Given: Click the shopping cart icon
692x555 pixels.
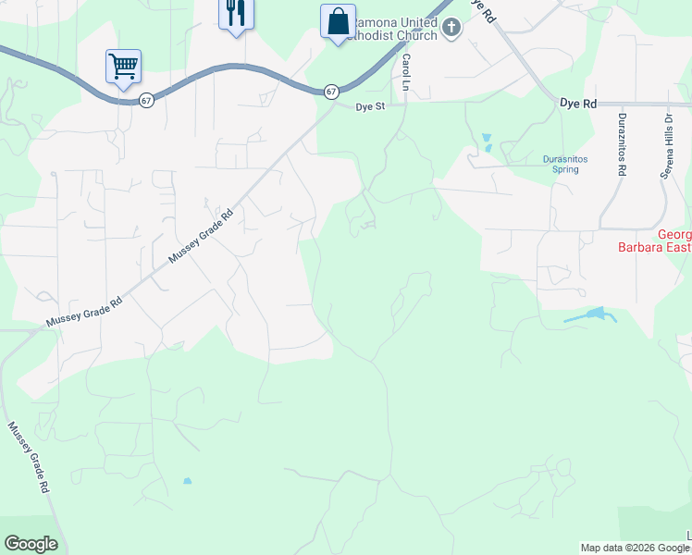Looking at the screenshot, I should (x=123, y=67).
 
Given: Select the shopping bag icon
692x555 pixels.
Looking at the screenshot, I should (x=338, y=21).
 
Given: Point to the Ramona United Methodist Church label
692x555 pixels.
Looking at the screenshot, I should (x=397, y=27).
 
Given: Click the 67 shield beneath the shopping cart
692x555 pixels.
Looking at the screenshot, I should (x=147, y=100).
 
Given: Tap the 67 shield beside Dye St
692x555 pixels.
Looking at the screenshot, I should (x=330, y=92).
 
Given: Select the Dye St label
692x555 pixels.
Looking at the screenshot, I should (x=369, y=107).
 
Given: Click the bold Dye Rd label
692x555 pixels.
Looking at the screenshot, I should (x=578, y=105).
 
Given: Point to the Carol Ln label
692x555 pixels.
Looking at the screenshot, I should (x=405, y=72).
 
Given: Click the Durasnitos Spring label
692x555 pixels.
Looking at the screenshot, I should (x=564, y=164).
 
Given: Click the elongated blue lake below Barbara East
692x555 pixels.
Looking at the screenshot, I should (x=591, y=316).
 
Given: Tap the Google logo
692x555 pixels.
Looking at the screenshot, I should (x=31, y=544).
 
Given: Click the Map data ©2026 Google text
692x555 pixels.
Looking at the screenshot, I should (x=635, y=548).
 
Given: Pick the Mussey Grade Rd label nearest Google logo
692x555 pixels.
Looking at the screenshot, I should (x=30, y=457).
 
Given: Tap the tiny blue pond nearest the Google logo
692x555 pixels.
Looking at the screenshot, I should (x=187, y=481).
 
